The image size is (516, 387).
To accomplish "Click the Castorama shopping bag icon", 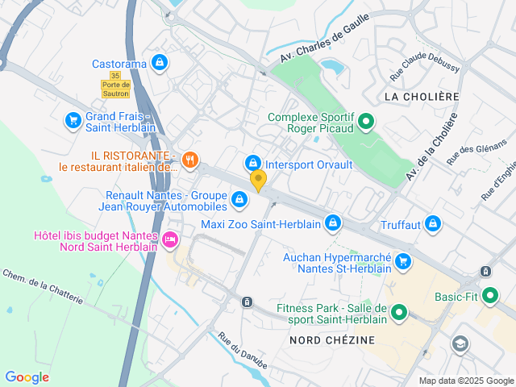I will (160, 62).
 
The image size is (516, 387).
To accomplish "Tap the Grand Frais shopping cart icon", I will (73, 121).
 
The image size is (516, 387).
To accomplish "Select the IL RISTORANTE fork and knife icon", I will (189, 160).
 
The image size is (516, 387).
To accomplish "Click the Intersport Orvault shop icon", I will (253, 164).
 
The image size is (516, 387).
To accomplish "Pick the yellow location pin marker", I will (258, 180).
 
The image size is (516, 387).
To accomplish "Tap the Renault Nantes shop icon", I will (239, 199).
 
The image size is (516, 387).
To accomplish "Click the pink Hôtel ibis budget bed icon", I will (169, 239).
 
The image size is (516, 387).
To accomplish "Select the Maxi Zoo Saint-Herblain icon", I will (332, 223).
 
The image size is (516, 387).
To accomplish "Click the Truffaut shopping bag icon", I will (433, 223).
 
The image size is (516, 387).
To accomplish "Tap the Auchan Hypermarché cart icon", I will (403, 261).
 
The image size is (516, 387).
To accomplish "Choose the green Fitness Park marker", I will (399, 313).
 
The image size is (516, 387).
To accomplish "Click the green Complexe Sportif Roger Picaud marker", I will (365, 122).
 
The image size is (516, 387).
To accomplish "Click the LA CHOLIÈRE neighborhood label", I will (421, 96).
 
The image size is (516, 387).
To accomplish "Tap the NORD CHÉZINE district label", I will (332, 340).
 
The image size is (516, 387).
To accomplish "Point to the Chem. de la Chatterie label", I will (42, 287).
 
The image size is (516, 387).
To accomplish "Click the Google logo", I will (27, 377).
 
